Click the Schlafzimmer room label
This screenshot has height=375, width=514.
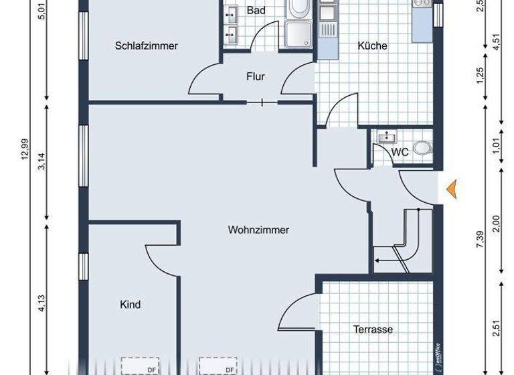coord(146,46)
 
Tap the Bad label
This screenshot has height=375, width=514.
coord(256,11)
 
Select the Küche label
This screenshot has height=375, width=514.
coord(372,46)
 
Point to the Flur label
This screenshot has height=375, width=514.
coord(256,77)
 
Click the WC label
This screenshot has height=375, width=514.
coord(400,152)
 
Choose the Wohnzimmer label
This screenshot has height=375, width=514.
coord(258,230)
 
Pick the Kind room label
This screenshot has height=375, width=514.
coord(130,305)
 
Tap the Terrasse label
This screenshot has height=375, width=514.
coord(372,329)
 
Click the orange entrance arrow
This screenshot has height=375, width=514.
coord(453,190)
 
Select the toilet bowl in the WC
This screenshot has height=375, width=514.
coord(422,149)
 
